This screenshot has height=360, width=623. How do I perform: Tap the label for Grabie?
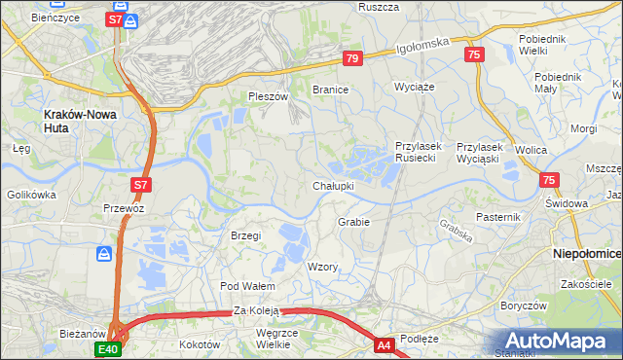[x=353, y=222]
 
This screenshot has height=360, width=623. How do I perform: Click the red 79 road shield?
[x=352, y=59]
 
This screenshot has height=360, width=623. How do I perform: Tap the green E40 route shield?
[x=108, y=349]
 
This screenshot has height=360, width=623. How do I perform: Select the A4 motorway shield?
[x=385, y=344]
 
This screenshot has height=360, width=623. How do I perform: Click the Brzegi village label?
[x=245, y=235]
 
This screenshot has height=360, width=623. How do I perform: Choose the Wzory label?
[x=322, y=267]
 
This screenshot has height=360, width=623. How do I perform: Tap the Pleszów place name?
[x=269, y=96]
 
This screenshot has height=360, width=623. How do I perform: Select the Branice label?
[x=330, y=89]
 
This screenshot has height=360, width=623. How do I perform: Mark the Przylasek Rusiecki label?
[x=418, y=152]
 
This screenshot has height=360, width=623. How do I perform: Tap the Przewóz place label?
[x=124, y=207]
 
